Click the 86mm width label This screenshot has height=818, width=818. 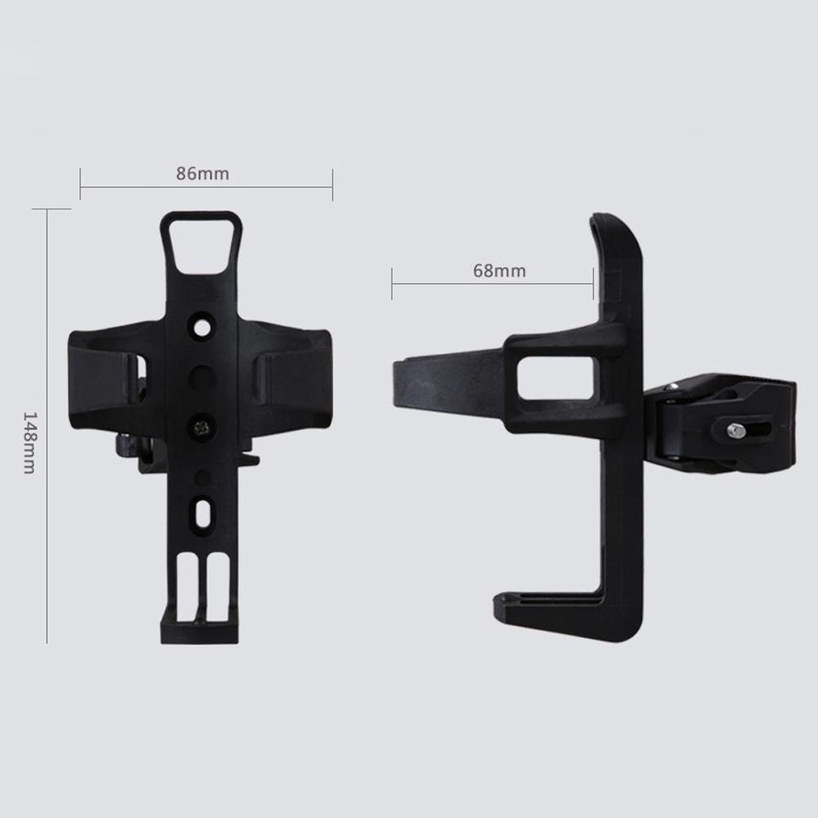click(203, 173)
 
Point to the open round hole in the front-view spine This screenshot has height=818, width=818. click(202, 326)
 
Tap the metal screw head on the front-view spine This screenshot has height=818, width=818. click(202, 424)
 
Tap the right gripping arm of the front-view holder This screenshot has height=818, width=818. click(294, 376)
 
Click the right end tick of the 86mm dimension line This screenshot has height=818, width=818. click(332, 184)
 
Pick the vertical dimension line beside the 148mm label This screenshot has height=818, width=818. click(47, 425)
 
